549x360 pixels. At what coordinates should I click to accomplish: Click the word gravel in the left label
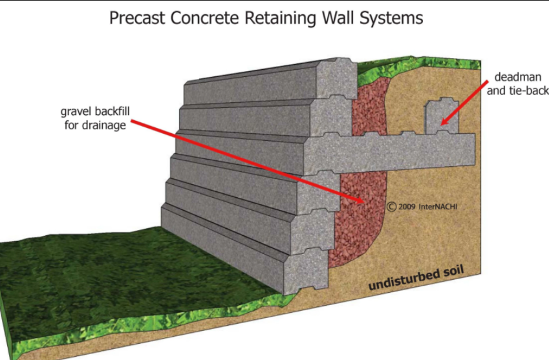(76, 111)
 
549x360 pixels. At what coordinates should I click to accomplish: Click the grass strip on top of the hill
(420, 62)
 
